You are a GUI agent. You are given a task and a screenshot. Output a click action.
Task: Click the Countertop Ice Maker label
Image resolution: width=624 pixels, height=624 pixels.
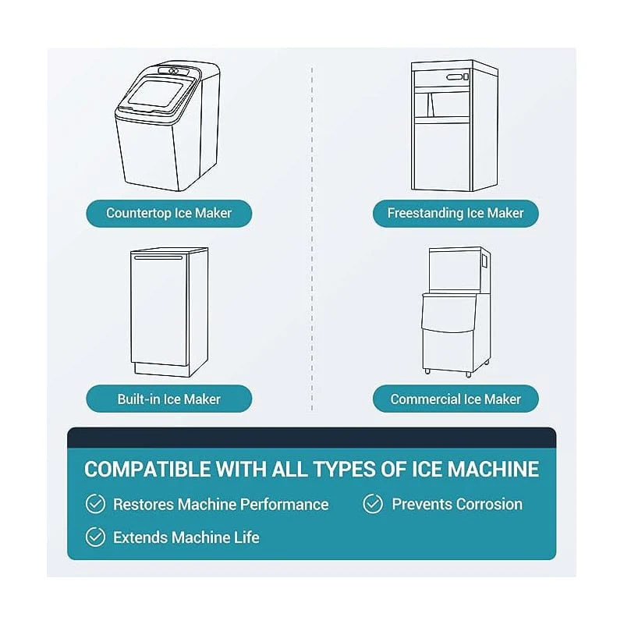click(168, 213)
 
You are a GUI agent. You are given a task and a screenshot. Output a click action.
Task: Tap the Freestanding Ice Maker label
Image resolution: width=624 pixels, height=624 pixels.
click(456, 213)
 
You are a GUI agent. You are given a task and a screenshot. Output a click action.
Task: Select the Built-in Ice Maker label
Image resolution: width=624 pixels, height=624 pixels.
click(168, 399)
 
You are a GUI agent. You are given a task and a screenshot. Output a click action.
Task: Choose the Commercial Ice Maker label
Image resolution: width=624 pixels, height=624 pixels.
click(456, 399)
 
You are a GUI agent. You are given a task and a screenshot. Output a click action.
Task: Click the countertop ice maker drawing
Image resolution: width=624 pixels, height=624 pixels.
click(168, 126)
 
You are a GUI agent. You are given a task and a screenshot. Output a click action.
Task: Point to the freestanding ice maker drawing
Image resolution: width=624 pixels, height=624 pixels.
click(455, 126)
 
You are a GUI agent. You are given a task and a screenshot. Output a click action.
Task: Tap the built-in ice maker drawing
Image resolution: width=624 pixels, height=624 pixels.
click(169, 312)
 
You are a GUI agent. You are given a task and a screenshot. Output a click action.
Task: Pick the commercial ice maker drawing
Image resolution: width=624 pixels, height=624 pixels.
click(456, 312)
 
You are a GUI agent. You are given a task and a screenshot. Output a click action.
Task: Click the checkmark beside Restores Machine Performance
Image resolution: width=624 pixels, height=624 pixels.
click(95, 504)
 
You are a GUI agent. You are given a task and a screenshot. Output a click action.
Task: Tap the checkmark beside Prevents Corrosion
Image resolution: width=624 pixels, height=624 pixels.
click(373, 504)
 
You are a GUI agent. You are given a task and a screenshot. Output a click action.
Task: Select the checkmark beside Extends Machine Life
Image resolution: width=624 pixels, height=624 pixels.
click(95, 537)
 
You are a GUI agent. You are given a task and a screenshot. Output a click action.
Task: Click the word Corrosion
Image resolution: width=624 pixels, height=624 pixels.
click(490, 504)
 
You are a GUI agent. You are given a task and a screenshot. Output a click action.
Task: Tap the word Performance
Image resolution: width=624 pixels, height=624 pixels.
click(285, 504)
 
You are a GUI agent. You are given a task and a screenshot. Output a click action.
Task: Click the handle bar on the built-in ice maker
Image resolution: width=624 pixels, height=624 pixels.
click(158, 258)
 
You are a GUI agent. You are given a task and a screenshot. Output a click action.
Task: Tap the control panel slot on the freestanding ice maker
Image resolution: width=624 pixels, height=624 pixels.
click(455, 76)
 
